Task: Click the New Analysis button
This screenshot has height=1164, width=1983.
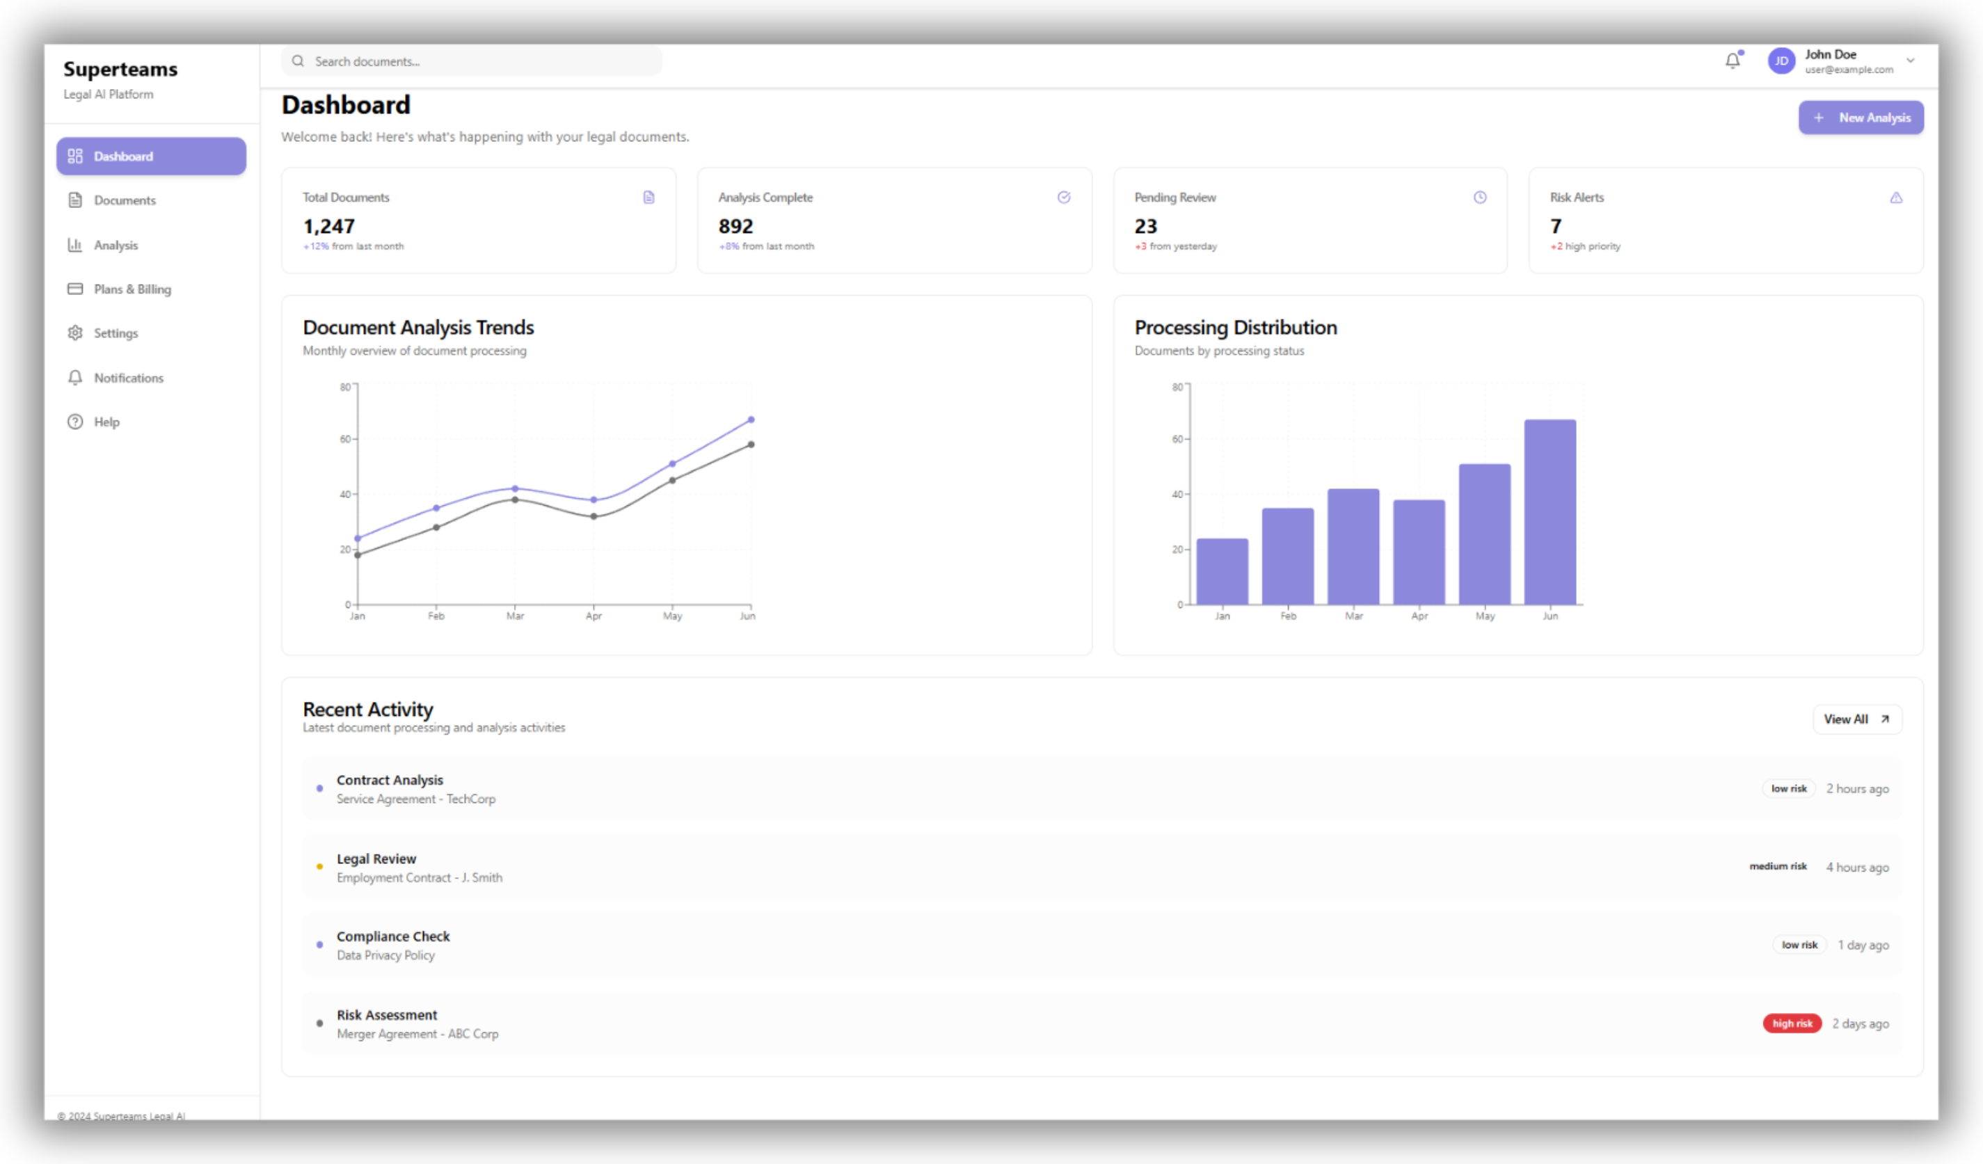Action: tap(1861, 118)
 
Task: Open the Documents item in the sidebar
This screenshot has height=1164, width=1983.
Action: tap(125, 200)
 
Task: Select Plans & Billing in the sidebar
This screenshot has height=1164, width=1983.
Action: tap(132, 289)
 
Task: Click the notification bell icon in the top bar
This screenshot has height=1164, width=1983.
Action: tap(1732, 61)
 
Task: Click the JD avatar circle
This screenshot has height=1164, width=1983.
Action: tap(1781, 61)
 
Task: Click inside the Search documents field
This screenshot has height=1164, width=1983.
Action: tap(472, 61)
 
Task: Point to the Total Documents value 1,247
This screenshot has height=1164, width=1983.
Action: tap(329, 227)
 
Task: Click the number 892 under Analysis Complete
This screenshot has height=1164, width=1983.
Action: tap(735, 227)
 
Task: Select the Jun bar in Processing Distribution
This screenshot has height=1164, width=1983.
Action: tap(1550, 512)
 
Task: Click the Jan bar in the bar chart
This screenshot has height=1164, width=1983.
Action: tap(1222, 571)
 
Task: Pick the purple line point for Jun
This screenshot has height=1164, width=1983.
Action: tap(751, 420)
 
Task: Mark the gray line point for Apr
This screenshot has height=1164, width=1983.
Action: tap(594, 517)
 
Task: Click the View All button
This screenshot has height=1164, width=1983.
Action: tap(1856, 719)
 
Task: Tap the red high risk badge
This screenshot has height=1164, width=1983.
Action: tap(1792, 1023)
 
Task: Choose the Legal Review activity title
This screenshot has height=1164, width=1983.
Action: tap(376, 859)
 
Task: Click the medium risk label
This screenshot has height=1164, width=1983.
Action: tap(1778, 866)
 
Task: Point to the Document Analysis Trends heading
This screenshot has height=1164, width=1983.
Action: tap(418, 328)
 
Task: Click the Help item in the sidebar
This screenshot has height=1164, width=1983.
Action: tap(106, 422)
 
